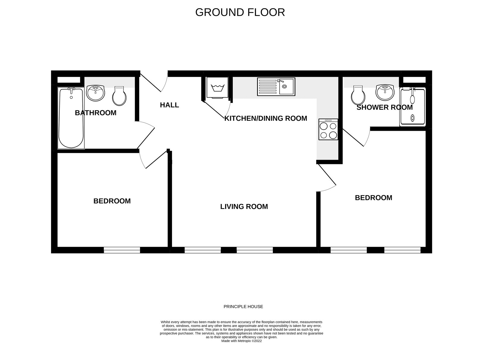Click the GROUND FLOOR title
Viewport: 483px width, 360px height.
click(240, 12)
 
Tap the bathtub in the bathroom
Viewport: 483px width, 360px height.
click(71, 118)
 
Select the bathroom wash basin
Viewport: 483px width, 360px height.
click(95, 93)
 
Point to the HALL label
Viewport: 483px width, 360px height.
click(169, 105)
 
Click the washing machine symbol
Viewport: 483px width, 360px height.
click(217, 88)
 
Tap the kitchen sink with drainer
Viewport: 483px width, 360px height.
click(276, 87)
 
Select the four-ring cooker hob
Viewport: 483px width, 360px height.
click(328, 129)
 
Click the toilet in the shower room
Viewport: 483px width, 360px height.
click(358, 95)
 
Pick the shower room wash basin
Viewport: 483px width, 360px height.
click(385, 93)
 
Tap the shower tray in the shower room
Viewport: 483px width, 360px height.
click(412, 107)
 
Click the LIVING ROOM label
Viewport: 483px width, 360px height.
click(244, 207)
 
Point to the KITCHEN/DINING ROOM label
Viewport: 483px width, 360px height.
click(266, 118)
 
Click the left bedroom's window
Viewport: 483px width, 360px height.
click(122, 250)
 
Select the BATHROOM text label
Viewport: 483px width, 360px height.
click(96, 113)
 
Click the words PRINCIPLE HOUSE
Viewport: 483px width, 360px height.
click(243, 307)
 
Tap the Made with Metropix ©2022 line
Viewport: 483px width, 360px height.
click(241, 341)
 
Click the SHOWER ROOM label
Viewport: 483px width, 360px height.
click(385, 108)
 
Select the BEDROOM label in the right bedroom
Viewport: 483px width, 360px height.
click(373, 198)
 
